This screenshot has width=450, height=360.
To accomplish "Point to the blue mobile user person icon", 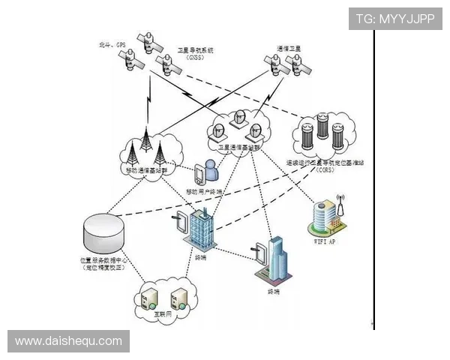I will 211,171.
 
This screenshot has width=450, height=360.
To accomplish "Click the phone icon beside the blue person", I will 199,174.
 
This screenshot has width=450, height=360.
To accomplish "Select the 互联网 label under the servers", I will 164,316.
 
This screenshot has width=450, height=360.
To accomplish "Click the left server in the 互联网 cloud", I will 146,297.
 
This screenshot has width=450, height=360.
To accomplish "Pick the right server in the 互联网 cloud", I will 179,297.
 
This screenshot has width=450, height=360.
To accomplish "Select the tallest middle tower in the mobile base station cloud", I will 145,147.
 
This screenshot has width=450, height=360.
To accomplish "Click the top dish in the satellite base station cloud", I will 240,117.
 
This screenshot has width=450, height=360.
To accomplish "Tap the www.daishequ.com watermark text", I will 68,341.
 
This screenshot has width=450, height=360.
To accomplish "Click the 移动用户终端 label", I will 204,191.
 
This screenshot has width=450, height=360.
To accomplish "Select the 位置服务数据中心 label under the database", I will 104,260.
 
